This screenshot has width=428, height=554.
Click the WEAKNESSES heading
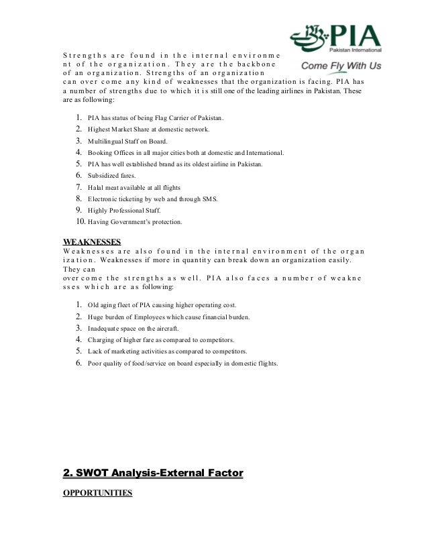[91, 241]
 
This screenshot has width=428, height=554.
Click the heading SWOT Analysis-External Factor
[152, 474]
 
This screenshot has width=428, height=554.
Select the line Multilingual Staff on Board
[127, 142]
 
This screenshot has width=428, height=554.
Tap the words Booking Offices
[109, 153]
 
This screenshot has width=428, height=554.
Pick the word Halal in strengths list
[96, 187]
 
